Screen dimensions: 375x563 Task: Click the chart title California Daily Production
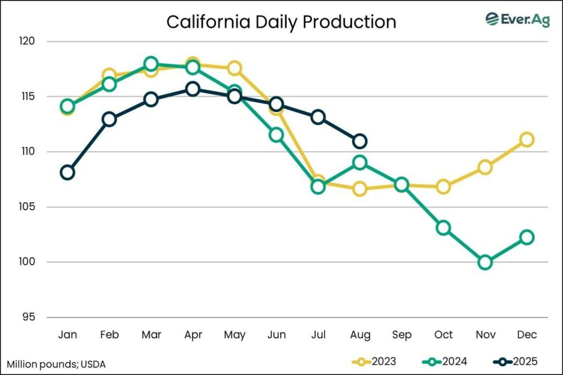point(281,22)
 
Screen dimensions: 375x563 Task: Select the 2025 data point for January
point(68,172)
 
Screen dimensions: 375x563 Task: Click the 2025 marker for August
point(360,142)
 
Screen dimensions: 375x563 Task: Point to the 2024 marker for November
point(485,262)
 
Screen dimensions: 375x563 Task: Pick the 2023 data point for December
point(527,139)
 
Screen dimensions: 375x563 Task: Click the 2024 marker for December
point(527,237)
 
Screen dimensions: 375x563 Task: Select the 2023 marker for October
point(443,187)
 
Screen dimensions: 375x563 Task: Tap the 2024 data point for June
point(276,135)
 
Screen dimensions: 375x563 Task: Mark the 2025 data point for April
point(192,89)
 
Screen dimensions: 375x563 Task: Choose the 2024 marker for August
point(360,163)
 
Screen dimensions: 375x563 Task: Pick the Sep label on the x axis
point(402,335)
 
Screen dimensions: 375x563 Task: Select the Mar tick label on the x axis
point(151,335)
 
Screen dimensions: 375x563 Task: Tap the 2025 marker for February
point(109,119)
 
